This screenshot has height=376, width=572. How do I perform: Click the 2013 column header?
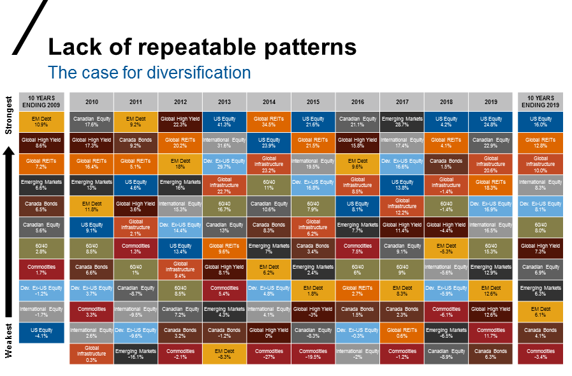point(224,101)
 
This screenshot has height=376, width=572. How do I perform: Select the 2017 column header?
point(402,101)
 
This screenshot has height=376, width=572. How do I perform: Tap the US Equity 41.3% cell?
point(224,122)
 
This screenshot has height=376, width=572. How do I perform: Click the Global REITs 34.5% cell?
point(268,122)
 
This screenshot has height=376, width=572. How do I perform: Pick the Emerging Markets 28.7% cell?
point(402,122)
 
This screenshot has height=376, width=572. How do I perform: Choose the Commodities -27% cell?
point(268,354)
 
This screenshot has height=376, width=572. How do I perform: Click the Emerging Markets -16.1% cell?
point(136,354)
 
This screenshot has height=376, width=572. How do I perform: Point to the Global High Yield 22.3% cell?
point(180,122)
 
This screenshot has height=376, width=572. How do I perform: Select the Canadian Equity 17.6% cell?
point(91,122)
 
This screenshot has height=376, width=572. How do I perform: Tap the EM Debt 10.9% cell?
point(41,122)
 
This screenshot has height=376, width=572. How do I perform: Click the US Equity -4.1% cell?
point(41,333)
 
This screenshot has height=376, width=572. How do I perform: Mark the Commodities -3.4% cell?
point(540,354)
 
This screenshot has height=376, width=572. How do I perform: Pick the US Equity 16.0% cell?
point(540,122)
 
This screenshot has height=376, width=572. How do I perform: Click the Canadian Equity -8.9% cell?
point(446,354)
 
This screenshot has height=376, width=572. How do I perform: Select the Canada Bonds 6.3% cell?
point(490,354)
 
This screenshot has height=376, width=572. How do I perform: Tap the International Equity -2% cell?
point(357,354)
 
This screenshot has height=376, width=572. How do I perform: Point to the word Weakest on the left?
point(9,341)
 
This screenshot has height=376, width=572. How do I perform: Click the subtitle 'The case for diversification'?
point(150,72)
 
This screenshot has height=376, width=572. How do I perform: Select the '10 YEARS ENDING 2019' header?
point(540,101)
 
